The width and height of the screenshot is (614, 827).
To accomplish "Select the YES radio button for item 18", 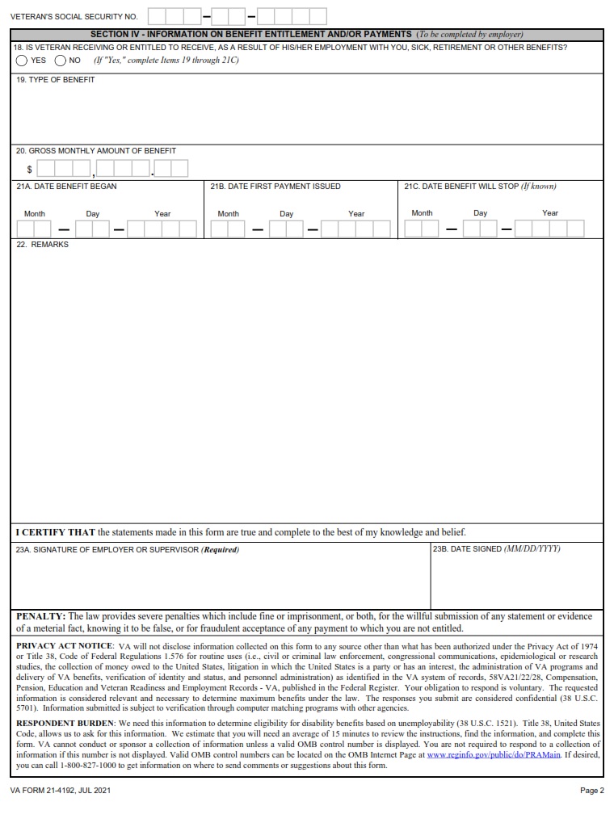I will (22, 61).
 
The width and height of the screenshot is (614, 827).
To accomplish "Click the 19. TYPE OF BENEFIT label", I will (55, 80).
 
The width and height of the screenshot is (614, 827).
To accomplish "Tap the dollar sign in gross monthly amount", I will (30, 170).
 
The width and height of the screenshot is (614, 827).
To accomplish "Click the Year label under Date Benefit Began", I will (162, 214).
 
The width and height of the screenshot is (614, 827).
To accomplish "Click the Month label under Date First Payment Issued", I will (228, 214).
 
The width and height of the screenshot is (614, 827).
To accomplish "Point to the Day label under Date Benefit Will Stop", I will (481, 213).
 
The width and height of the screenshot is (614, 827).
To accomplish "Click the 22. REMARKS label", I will (43, 245).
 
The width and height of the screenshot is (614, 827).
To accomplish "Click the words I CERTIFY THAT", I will (56, 532).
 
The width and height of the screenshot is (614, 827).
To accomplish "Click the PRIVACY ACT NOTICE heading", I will (65, 646).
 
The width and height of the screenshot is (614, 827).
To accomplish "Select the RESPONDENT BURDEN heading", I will (65, 723).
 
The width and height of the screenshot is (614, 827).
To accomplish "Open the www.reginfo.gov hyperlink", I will (493, 754).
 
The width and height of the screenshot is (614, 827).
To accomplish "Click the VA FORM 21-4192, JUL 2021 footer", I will (61, 791).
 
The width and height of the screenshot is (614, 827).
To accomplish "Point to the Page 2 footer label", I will (591, 791).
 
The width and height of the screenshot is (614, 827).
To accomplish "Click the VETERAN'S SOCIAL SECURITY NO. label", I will (74, 16).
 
